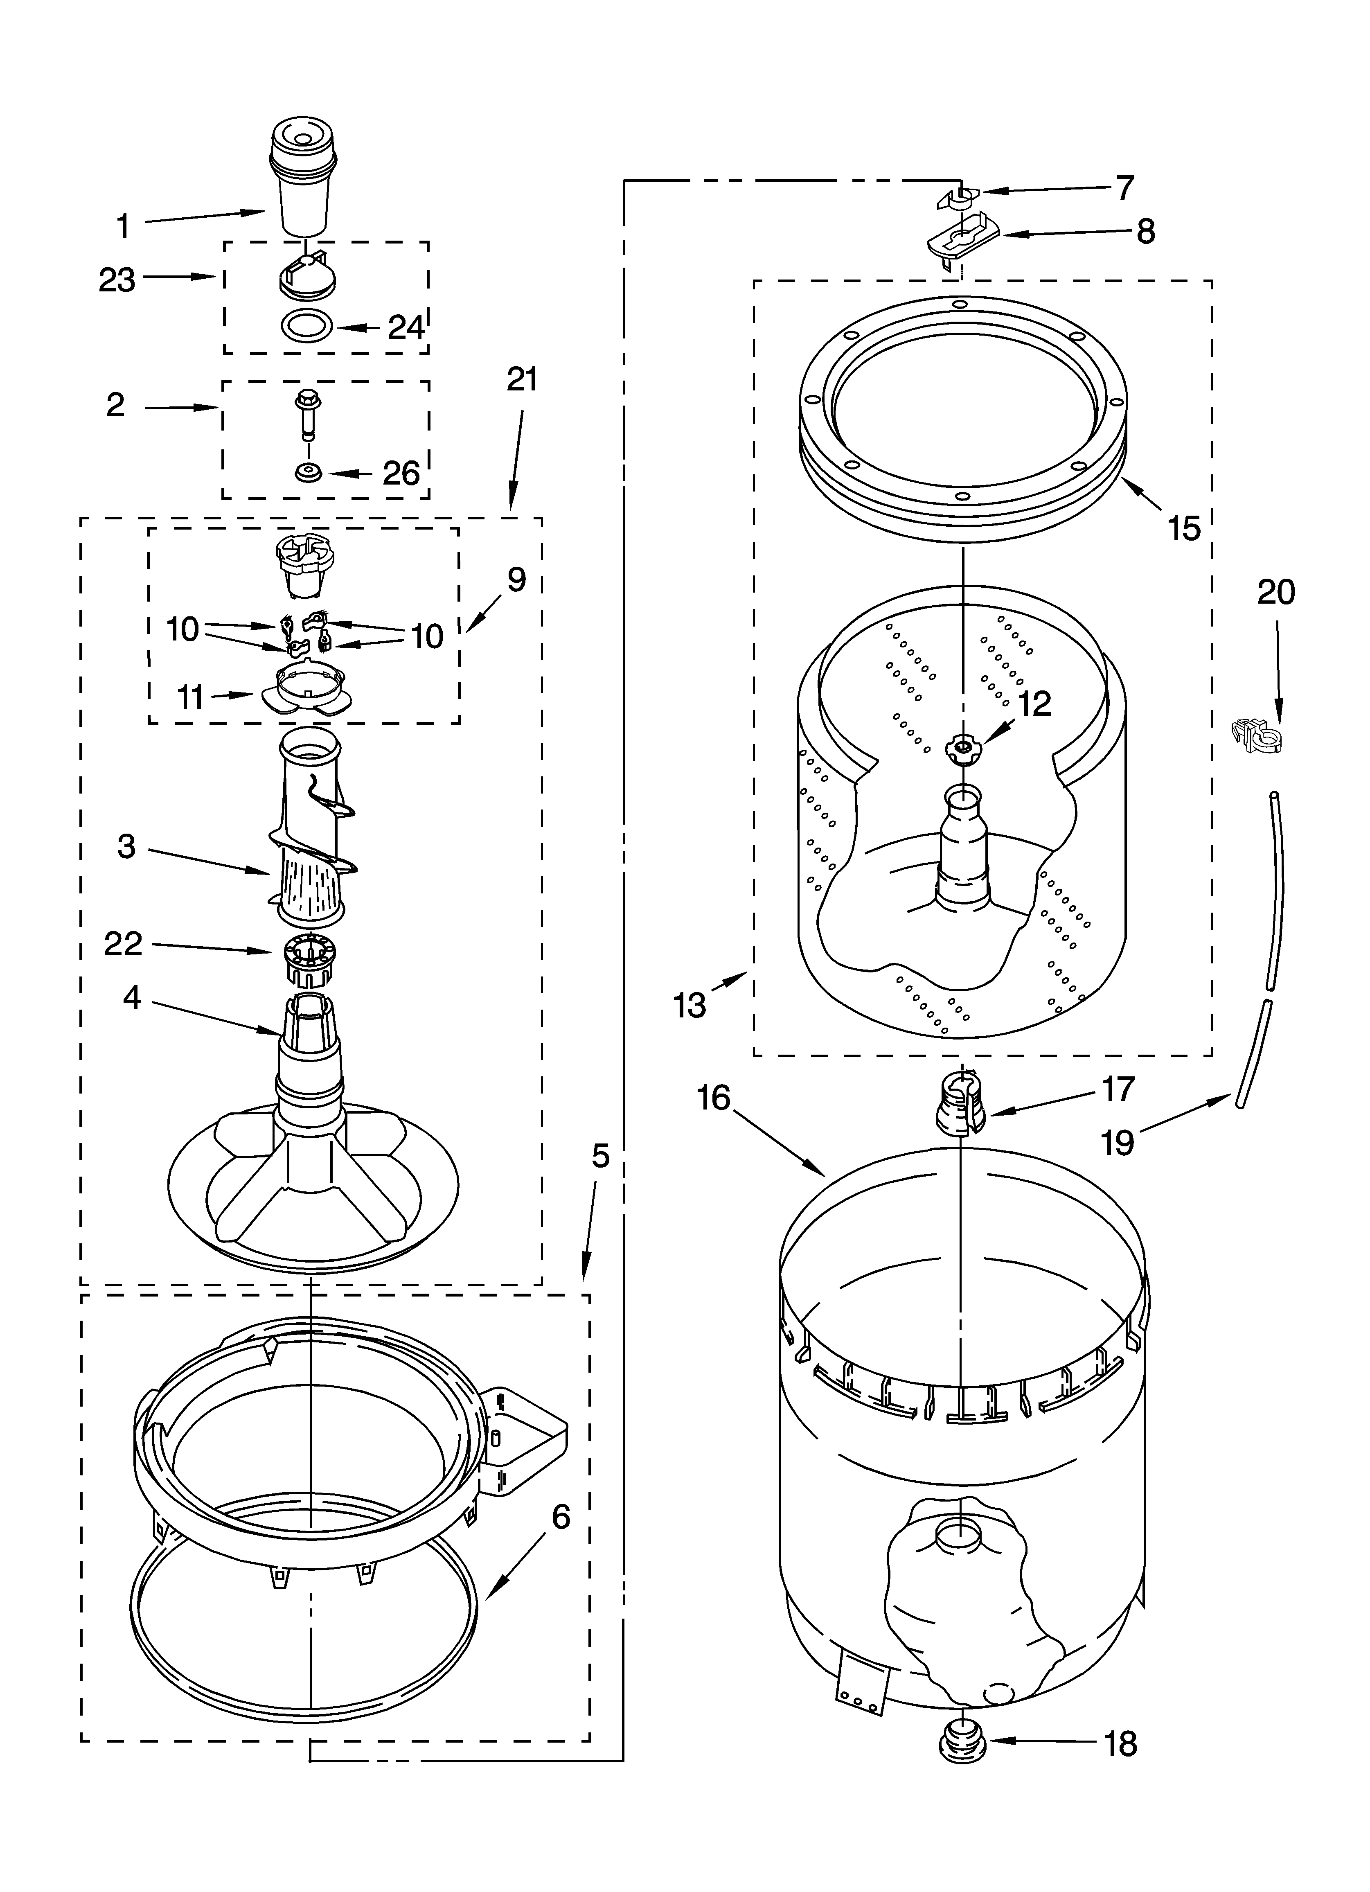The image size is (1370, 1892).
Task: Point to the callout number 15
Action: pyautogui.click(x=1184, y=528)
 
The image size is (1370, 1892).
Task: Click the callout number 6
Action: pyautogui.click(x=561, y=1516)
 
